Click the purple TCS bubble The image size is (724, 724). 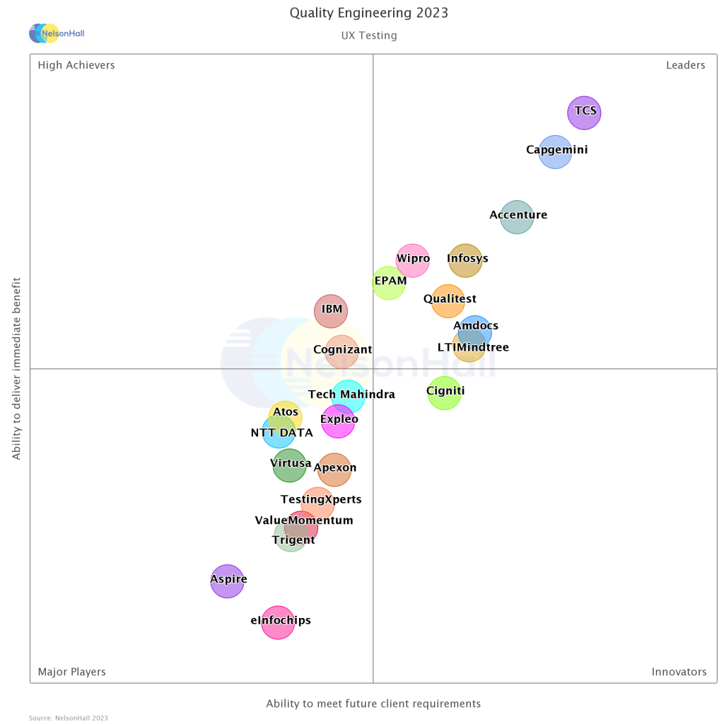pyautogui.click(x=584, y=113)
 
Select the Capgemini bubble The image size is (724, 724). pyautogui.click(x=555, y=152)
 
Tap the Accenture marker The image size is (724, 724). pyautogui.click(x=517, y=216)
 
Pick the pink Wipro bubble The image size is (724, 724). pyautogui.click(x=413, y=261)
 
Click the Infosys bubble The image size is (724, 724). pyautogui.click(x=465, y=260)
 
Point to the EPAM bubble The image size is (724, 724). pyautogui.click(x=389, y=283)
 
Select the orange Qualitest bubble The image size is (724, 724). pyautogui.click(x=448, y=301)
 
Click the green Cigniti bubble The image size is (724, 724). pyautogui.click(x=445, y=392)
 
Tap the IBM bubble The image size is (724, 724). pyautogui.click(x=331, y=311)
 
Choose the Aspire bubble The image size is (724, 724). pyautogui.click(x=227, y=581)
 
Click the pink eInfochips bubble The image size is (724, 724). pyautogui.click(x=278, y=622)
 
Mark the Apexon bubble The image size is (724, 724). pyautogui.click(x=334, y=469)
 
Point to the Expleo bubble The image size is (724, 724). pyautogui.click(x=338, y=421)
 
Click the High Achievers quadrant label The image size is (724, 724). pyautogui.click(x=76, y=65)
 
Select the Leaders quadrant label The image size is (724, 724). pyautogui.click(x=685, y=65)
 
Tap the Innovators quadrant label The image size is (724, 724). pyautogui.click(x=679, y=672)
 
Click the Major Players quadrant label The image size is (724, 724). pyautogui.click(x=72, y=672)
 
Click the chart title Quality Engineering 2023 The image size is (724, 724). pyautogui.click(x=369, y=13)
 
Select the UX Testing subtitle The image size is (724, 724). pyautogui.click(x=369, y=35)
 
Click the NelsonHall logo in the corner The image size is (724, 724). pyautogui.click(x=57, y=33)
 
